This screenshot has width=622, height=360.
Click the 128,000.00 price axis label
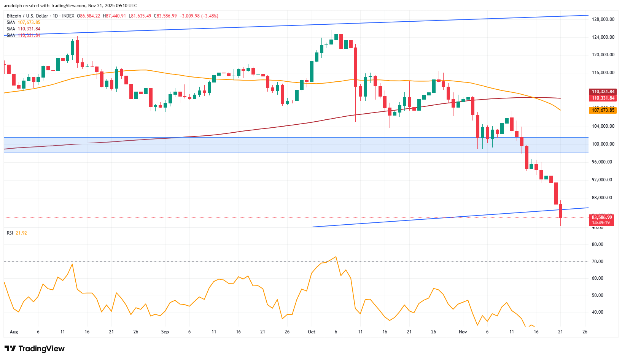pos(603,19)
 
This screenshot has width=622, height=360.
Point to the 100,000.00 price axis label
pos(603,144)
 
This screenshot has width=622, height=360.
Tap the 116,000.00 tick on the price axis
pos(603,73)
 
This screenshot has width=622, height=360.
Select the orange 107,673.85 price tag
pos(603,110)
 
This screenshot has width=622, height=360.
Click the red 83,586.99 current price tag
pos(602,217)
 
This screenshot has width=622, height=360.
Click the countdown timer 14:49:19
pos(601,223)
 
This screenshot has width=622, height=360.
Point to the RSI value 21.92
pos(21,233)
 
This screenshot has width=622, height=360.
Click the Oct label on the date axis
pos(312,332)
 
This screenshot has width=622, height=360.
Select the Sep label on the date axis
pos(165,332)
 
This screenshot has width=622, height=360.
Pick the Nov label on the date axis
pos(463,332)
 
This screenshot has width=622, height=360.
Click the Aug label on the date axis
pos(14,332)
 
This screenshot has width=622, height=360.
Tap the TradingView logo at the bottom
pos(35,349)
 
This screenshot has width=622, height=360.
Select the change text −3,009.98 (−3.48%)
pos(199,16)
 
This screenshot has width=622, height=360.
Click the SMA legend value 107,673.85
pos(29,22)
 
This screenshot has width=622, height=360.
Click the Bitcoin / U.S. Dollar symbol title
pos(27,16)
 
